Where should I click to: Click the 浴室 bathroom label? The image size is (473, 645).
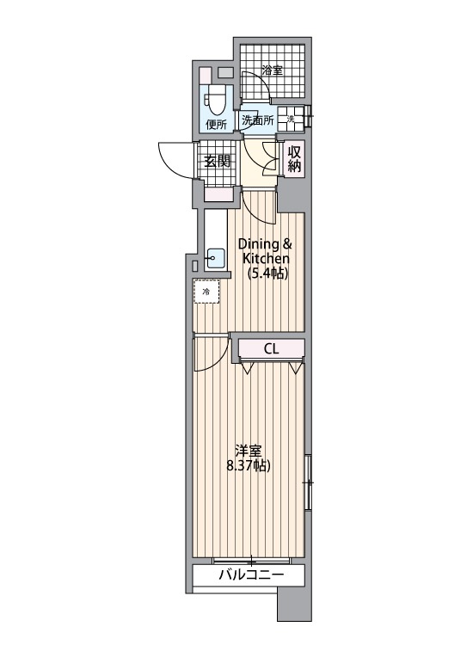point(273,71)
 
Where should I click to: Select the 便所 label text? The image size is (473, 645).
point(216,124)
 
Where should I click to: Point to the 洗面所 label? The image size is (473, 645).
point(257,121)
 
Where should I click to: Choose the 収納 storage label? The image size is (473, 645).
point(295,159)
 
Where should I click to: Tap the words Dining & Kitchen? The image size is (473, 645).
point(266,251)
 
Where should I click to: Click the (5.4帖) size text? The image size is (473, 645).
point(267,273)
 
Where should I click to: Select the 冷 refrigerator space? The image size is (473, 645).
point(206,293)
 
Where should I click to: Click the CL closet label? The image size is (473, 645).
point(271,348)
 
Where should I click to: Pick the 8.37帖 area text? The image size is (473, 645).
point(249,467)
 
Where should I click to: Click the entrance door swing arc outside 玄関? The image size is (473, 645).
point(175,157)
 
